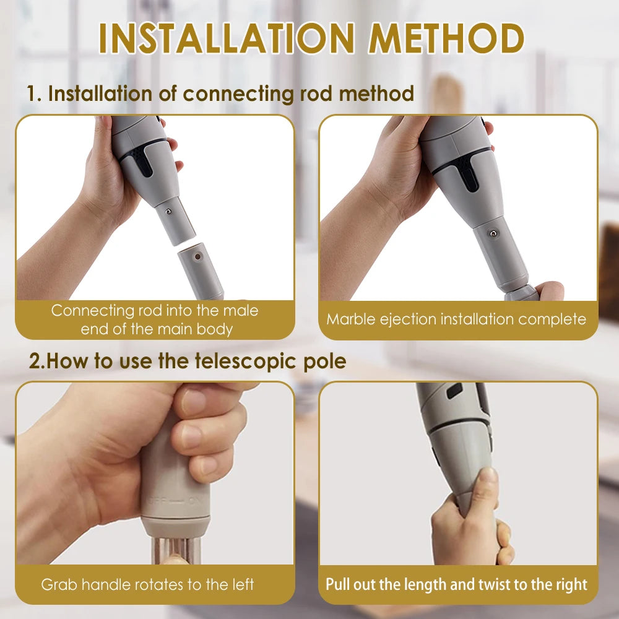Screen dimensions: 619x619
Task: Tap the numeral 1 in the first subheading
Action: click(33, 94)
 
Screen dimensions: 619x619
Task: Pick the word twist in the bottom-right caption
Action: click(496, 584)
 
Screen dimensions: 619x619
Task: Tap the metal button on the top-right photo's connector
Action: click(492, 233)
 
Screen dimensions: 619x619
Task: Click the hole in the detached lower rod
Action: click(197, 256)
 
